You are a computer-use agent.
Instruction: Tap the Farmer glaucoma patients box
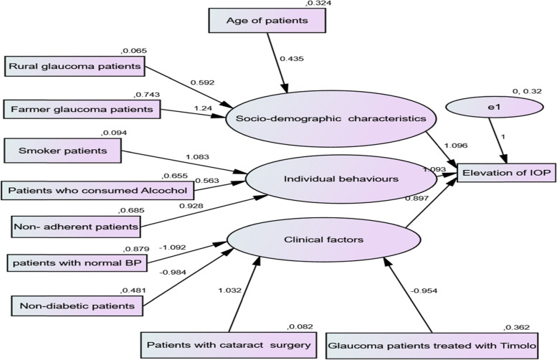click(82, 110)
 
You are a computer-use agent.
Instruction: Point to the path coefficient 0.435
click(292, 57)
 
